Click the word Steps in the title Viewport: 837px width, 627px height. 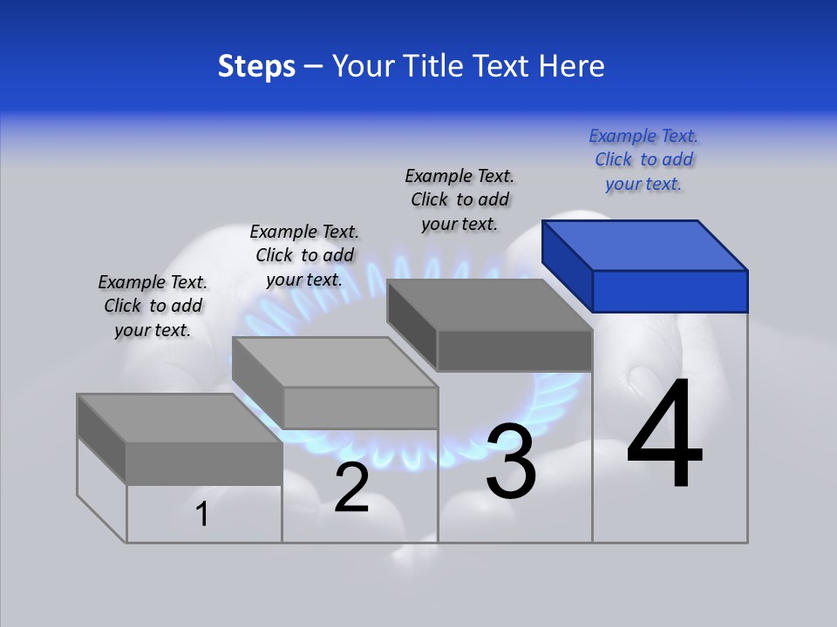coord(256,66)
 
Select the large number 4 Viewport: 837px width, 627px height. coord(664,435)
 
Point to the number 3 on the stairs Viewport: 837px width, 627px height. coord(511,462)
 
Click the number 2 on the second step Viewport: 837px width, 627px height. coord(351,488)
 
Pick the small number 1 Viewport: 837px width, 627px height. coord(202,514)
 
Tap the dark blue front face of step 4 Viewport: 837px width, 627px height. coord(670,291)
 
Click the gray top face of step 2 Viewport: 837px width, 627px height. coord(335,362)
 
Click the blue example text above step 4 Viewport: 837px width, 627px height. coord(643,160)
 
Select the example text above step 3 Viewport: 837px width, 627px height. coord(459,199)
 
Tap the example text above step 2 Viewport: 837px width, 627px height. coord(304,255)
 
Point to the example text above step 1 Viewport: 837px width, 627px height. coord(153,306)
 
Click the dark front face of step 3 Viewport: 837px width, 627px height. coord(514,351)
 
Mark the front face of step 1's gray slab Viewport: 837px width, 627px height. coord(204,463)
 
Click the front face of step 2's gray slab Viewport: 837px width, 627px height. coord(360,408)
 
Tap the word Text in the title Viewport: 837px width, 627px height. coord(505,66)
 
